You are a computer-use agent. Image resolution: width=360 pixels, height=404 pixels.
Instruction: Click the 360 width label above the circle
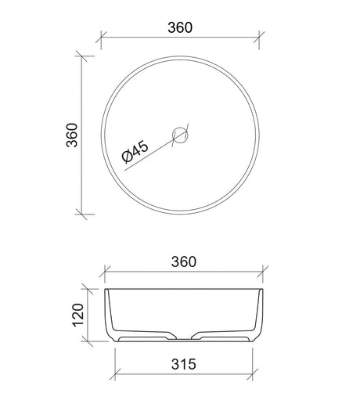click(180, 27)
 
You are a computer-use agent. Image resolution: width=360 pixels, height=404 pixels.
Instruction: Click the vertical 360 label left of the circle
click(72, 135)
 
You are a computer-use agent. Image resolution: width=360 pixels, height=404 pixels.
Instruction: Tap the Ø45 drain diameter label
click(135, 152)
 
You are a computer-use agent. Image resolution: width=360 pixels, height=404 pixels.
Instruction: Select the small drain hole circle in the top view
click(180, 135)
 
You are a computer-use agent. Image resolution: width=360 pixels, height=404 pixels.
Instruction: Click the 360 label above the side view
click(184, 262)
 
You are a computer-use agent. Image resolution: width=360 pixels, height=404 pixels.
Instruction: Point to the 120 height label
click(78, 315)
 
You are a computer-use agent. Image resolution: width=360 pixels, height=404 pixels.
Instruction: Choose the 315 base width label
click(184, 364)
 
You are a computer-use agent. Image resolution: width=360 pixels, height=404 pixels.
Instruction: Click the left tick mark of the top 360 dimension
click(101, 37)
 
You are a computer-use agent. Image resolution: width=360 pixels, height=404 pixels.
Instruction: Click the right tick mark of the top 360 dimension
click(259, 37)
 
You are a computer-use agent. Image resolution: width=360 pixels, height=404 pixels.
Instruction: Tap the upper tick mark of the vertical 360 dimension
click(81, 56)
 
